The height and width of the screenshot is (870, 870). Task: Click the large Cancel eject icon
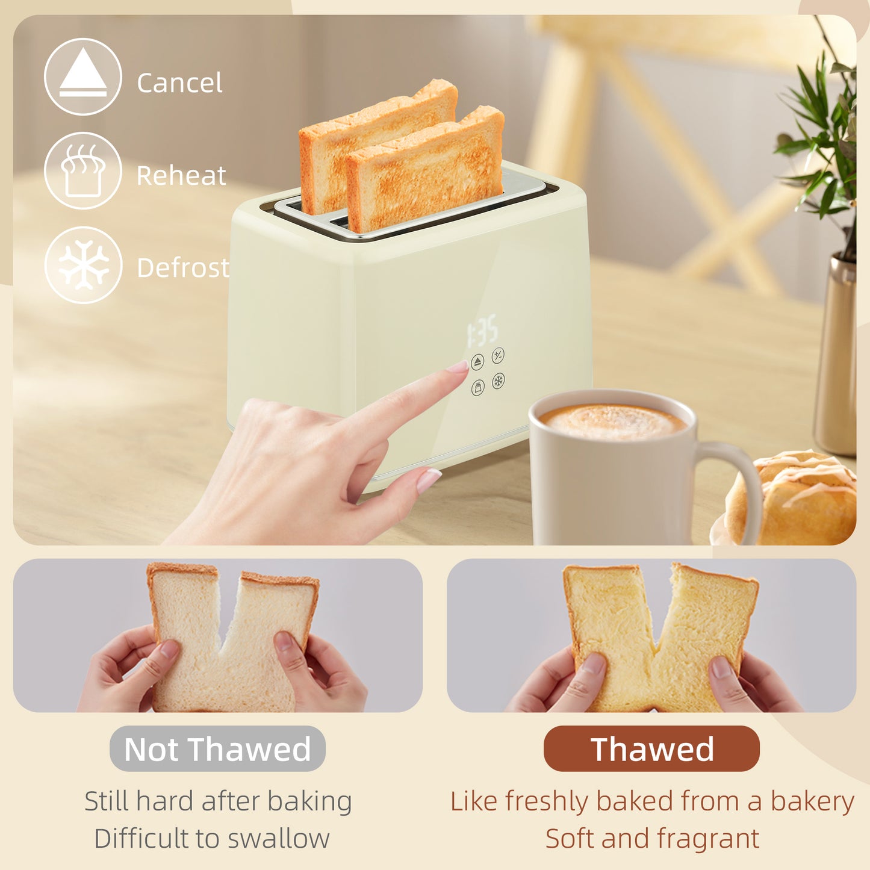(83, 76)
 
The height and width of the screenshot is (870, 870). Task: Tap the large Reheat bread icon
(83, 170)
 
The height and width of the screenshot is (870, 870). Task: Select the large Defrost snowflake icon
(83, 265)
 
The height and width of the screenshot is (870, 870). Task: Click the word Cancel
(179, 83)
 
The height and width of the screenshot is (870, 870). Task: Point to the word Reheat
(181, 176)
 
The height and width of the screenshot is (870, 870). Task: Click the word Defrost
(183, 268)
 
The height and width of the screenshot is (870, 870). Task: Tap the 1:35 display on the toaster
(483, 331)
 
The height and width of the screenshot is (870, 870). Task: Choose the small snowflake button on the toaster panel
(499, 381)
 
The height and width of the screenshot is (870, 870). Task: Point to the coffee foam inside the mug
(612, 421)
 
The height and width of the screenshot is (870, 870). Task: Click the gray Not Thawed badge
(217, 749)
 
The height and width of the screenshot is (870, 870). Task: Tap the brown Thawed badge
(651, 749)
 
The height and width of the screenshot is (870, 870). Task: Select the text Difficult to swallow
(212, 838)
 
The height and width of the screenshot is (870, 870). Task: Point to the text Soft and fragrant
(652, 838)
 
